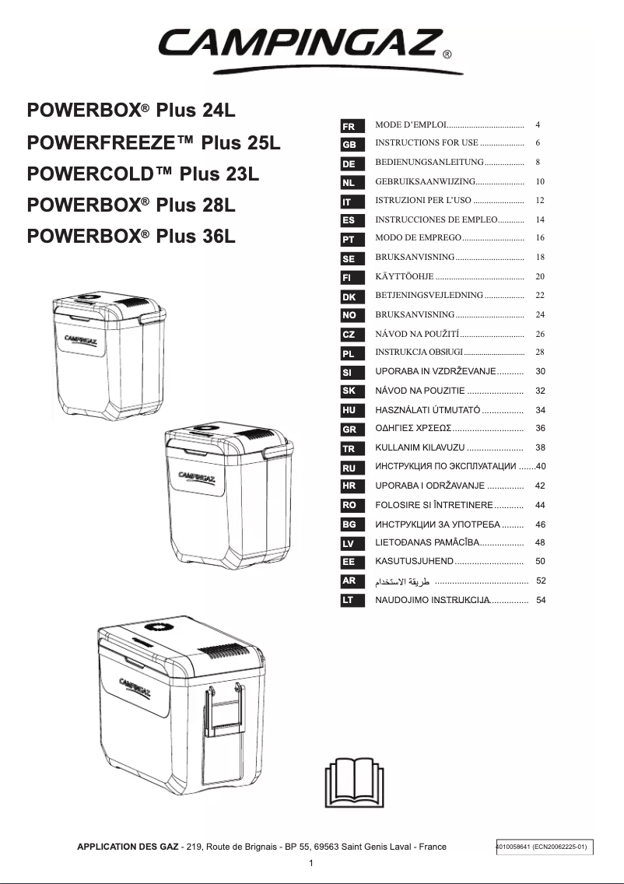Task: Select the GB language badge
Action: click(x=349, y=145)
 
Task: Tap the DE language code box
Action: click(x=349, y=164)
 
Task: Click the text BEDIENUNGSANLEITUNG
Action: click(x=429, y=163)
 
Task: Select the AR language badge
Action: click(x=349, y=581)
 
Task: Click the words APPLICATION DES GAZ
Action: click(x=127, y=847)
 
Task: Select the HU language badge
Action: click(x=349, y=409)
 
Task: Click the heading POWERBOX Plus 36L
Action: click(x=131, y=235)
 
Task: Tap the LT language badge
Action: click(x=349, y=600)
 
